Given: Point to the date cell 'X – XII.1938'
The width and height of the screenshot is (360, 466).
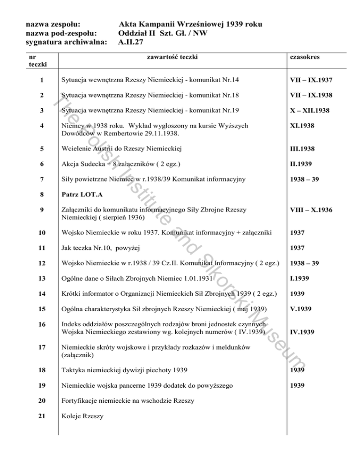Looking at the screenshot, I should tap(311, 111).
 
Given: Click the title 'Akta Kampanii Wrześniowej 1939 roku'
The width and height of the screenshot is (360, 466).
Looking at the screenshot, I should tap(190, 24).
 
